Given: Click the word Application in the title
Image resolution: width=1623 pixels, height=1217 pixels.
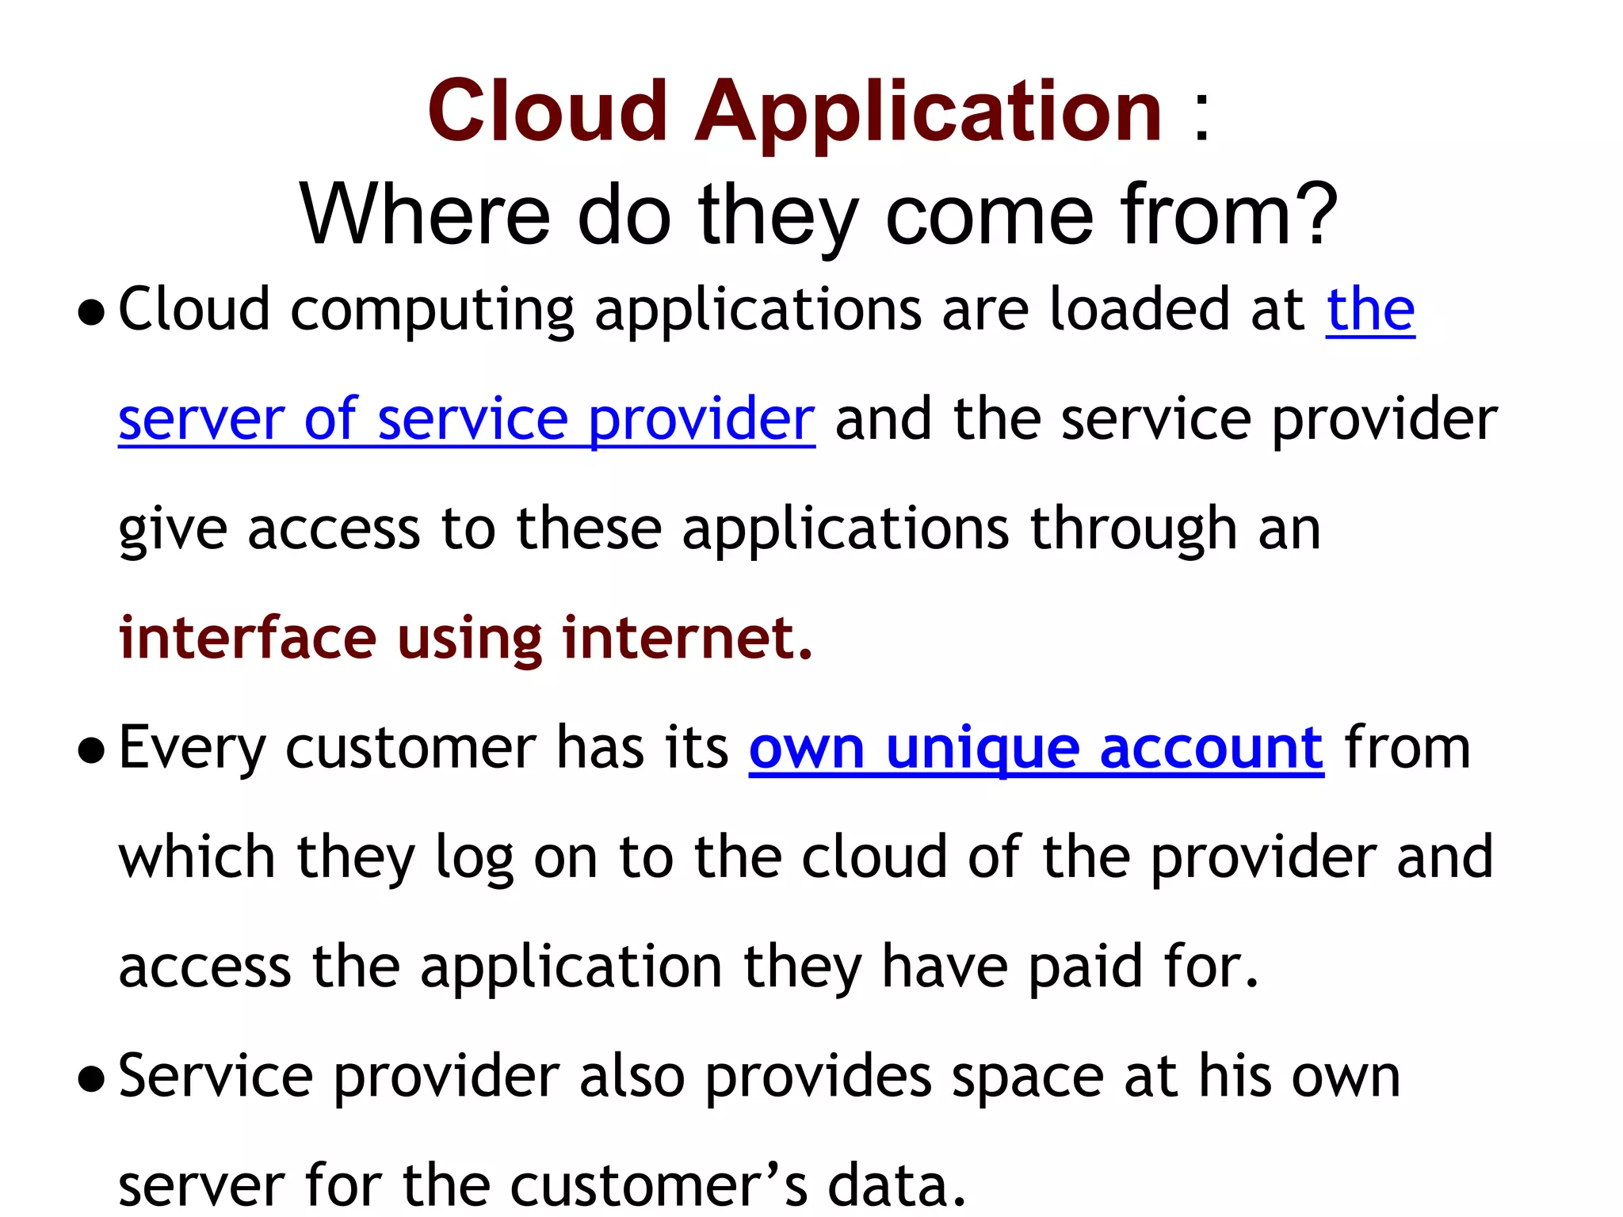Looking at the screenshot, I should [x=929, y=113].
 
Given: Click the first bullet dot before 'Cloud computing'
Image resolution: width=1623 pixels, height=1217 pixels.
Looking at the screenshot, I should [x=92, y=312].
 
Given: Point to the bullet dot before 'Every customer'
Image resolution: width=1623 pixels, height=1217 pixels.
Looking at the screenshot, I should [x=92, y=750].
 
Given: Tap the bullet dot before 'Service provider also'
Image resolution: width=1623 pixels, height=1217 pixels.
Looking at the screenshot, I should [x=92, y=1079].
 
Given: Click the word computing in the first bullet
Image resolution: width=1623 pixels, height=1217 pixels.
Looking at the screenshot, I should [x=432, y=311].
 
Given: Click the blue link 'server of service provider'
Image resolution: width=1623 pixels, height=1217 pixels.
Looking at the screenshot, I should [x=466, y=420].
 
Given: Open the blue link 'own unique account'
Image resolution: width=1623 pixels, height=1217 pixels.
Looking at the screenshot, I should [x=1036, y=749].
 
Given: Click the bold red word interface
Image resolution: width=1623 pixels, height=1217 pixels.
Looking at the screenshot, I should [x=247, y=638].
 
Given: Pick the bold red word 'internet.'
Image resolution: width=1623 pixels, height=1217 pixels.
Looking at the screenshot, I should [x=687, y=638].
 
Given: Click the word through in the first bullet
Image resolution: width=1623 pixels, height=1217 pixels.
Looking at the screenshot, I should [x=1133, y=529].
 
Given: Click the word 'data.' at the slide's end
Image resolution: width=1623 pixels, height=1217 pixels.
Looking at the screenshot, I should [x=897, y=1186].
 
